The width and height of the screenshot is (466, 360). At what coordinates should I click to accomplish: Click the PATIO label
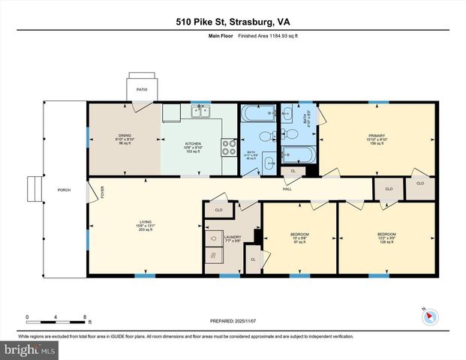coord(142,89)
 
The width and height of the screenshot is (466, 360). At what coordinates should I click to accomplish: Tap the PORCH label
coord(65,190)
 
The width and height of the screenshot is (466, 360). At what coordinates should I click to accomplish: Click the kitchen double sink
coord(200,112)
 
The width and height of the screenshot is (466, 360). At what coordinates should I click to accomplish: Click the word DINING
coord(125,135)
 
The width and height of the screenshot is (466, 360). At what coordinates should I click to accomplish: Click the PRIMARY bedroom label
coord(376,136)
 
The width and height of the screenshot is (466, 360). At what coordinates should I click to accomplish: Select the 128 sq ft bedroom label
coord(386,235)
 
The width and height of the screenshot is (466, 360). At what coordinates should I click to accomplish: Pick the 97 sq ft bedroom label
coord(299,235)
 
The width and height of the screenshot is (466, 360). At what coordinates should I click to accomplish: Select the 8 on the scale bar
coord(85,316)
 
